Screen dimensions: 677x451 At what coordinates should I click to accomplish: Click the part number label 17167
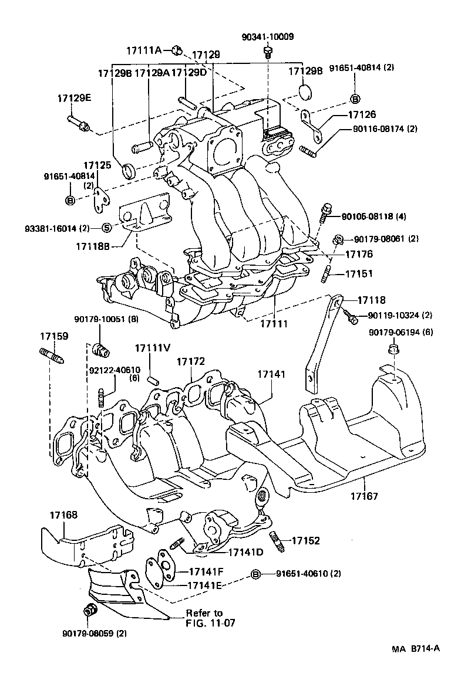coord(365,496)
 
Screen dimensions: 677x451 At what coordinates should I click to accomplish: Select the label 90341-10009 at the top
coord(267,37)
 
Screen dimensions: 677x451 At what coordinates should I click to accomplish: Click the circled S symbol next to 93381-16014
coord(106,228)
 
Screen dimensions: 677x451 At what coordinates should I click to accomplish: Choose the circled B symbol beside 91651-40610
coord(255,573)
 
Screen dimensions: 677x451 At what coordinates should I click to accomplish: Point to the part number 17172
coord(191,362)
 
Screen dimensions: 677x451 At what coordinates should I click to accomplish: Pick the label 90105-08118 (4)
coord(374,216)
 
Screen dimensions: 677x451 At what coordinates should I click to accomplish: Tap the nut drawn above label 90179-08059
coord(90,610)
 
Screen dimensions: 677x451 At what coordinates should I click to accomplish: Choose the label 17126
coord(362,115)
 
